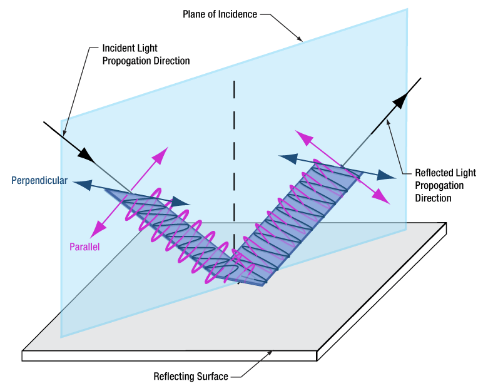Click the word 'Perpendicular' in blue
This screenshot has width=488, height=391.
tap(39, 181)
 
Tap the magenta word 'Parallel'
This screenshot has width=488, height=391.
tap(84, 246)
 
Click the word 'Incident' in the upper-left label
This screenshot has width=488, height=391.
tap(118, 48)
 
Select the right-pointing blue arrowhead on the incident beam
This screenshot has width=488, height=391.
tap(183, 201)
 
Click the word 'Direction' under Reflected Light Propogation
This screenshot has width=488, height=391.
tap(434, 198)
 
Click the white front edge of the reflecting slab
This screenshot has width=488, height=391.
tap(169, 355)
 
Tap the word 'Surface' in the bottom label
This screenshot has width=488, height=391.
tap(211, 377)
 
